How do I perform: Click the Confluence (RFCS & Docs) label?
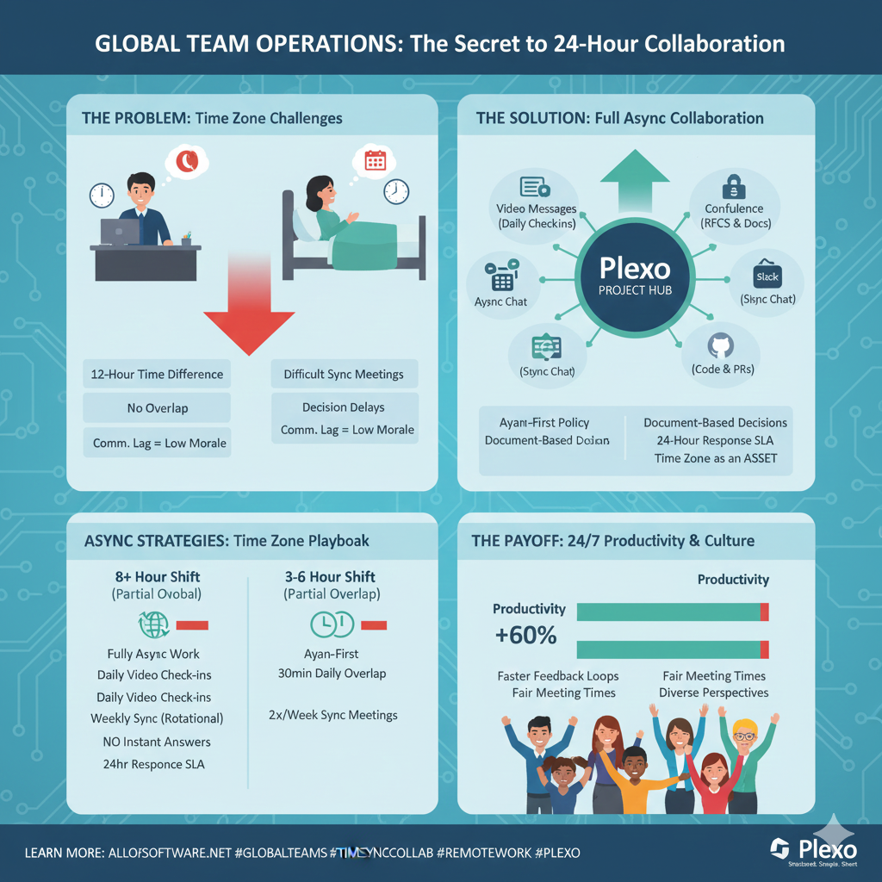click(x=734, y=215)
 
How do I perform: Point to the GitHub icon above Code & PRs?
click(x=717, y=347)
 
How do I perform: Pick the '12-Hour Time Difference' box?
click(x=157, y=375)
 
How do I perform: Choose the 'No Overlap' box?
click(x=157, y=408)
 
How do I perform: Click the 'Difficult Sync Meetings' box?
click(x=343, y=375)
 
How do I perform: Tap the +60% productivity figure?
click(x=525, y=637)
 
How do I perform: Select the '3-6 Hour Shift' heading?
click(x=330, y=577)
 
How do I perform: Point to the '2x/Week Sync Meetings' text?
click(x=333, y=715)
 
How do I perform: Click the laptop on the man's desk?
click(x=121, y=231)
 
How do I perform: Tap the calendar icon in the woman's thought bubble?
click(x=376, y=161)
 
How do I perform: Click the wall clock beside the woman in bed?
click(x=396, y=191)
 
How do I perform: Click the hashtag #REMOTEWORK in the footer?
click(x=483, y=853)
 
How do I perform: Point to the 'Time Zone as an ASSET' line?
click(x=715, y=457)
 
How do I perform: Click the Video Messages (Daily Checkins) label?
click(x=536, y=215)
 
